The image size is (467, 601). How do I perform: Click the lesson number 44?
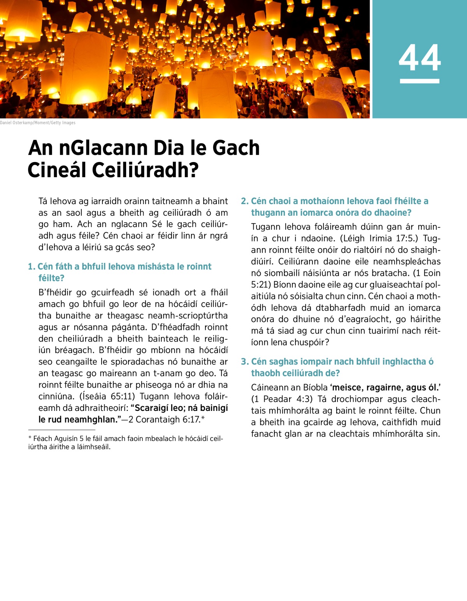420,58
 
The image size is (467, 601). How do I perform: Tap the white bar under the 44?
420,81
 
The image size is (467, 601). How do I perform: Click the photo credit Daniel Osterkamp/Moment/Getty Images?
38,123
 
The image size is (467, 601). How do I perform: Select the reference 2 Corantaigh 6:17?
164,420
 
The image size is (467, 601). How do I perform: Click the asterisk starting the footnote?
30,438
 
